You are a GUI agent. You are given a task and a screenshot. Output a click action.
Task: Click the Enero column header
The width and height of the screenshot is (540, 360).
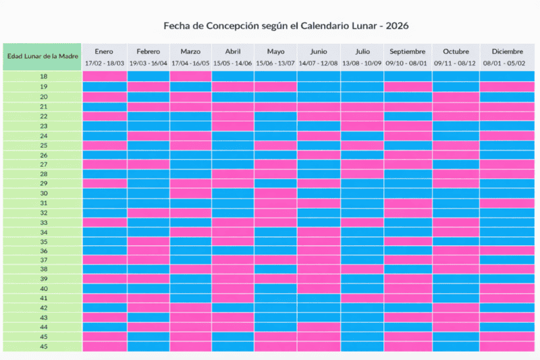coord(104,51)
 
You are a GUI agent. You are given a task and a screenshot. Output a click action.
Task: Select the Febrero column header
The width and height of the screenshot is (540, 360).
coord(148,51)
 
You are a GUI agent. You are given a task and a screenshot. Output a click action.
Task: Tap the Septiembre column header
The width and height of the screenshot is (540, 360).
coord(408,51)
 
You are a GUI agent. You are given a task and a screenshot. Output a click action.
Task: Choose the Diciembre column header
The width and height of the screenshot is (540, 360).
coord(507,51)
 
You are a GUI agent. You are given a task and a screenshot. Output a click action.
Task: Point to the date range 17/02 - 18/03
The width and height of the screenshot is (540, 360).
coord(104,63)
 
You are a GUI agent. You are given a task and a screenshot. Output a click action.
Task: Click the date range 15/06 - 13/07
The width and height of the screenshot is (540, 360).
coord(275,63)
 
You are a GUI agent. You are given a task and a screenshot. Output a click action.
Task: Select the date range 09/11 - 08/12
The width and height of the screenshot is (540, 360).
coord(456,63)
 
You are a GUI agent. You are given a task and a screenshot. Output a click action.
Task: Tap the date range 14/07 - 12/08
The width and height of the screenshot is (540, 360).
coord(319,63)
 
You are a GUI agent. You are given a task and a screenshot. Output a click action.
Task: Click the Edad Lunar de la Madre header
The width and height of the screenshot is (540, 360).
coord(42,55)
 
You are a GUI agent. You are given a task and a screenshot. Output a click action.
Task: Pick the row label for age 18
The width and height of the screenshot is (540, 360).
coord(43,77)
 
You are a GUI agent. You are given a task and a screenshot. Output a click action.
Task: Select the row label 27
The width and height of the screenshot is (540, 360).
coord(43,164)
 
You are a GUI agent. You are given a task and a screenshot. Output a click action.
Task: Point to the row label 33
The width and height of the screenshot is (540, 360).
coord(43,222)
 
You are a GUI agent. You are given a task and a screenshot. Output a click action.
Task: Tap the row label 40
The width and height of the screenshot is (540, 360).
coord(43,288)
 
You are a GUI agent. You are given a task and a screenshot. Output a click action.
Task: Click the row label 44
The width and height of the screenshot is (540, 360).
coord(43,327)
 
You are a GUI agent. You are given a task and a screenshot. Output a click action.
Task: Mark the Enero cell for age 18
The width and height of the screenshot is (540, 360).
coord(105,76)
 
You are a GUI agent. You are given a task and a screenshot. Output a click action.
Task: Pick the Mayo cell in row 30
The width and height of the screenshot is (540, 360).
coord(275,193)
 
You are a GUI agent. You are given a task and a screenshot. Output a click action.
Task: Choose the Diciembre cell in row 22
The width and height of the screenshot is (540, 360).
coord(507,115)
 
